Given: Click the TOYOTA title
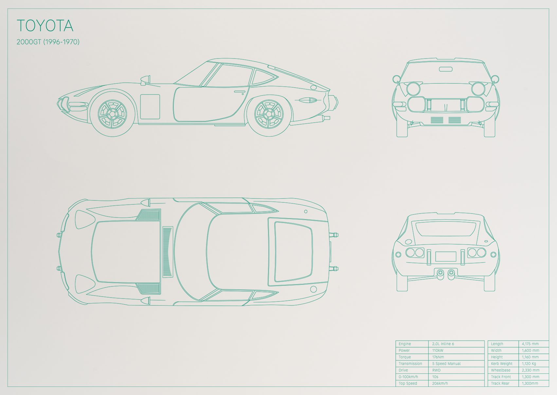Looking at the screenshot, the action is (x=45, y=26).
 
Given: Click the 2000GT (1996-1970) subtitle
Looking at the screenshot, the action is (x=48, y=42).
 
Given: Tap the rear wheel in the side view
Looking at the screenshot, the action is (x=269, y=114).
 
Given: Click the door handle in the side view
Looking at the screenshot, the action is (x=240, y=92).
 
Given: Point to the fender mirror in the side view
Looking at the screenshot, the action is (x=145, y=80).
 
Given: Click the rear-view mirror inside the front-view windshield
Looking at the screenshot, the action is (x=446, y=69).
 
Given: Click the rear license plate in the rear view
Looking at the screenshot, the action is (x=446, y=256).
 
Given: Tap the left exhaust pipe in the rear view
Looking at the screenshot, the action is (x=440, y=274).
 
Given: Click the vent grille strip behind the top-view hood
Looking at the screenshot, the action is (x=168, y=252).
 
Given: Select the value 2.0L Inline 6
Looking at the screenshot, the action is (x=443, y=344).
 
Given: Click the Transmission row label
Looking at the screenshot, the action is (x=410, y=364).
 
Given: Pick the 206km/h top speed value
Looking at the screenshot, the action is (x=440, y=383).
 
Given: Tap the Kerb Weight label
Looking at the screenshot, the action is (x=502, y=364).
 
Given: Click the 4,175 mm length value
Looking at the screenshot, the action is (x=530, y=344).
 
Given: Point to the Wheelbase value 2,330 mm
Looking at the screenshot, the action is (x=530, y=370).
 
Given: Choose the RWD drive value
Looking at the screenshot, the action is (x=436, y=370).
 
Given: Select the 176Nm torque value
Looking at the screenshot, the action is (x=438, y=357).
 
